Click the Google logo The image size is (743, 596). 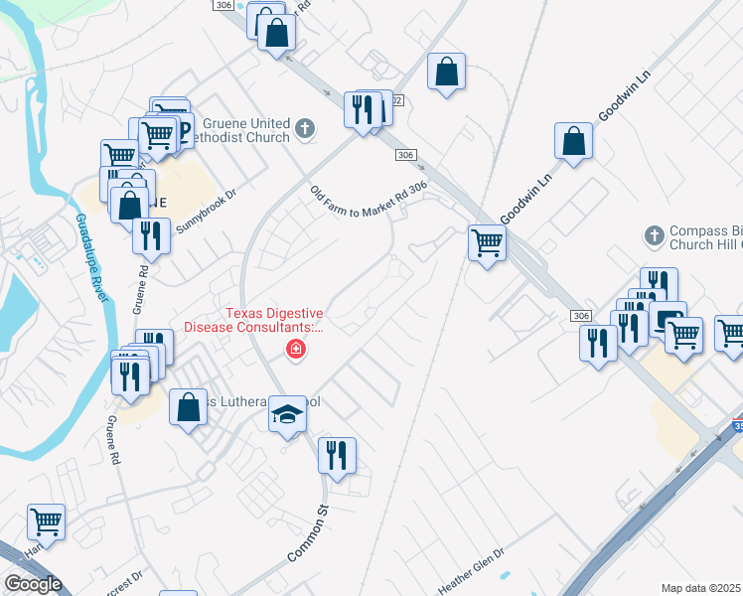[x=33, y=584]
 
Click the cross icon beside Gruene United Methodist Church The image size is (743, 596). [x=305, y=129]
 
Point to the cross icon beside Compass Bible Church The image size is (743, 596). [x=654, y=235]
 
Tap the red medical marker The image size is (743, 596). [x=295, y=349]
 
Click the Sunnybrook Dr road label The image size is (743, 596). [x=207, y=212]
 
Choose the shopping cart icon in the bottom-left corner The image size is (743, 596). [x=46, y=520]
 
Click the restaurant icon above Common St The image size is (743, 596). [x=336, y=454]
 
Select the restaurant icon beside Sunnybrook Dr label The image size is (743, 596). [x=151, y=235]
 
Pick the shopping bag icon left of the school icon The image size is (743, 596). [x=188, y=406]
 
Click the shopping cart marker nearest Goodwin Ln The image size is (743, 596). [x=487, y=241]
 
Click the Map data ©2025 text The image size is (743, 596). [x=701, y=588]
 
